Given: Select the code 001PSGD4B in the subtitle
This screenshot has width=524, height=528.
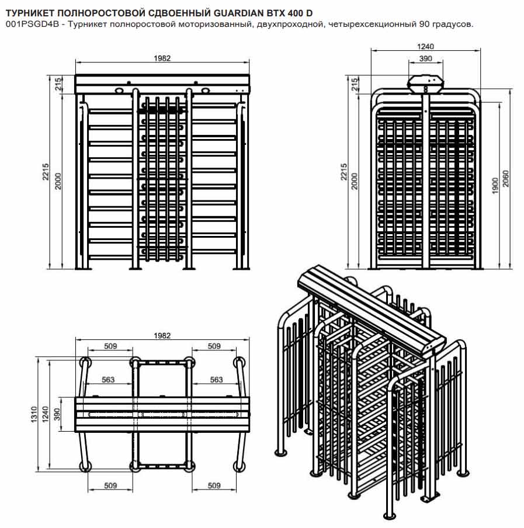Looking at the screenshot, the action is coord(32,25).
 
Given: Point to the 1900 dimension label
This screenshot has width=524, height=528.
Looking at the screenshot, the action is coord(495,186).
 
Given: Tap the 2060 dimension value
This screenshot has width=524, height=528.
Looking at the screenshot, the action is coord(505,178).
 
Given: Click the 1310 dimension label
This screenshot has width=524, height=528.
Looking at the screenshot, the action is coord(34,414).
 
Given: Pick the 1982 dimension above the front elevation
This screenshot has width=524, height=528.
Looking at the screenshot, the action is coord(162,58).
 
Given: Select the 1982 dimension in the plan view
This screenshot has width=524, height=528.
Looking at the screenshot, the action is coord(162,336).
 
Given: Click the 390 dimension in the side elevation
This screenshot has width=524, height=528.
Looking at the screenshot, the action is coord(425,58).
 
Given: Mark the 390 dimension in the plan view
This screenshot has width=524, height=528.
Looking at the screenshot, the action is coord(57,414).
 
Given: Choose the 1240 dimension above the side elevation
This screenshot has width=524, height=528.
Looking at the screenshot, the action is coord(425,47).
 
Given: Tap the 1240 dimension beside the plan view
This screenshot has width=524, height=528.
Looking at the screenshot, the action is coord(45,414).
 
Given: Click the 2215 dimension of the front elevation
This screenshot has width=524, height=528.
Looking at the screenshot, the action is coord(46,172).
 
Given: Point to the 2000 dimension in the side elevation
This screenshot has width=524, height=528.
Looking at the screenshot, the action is coord(354,181).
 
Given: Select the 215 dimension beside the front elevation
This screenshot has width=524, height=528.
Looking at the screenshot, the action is coord(58,84).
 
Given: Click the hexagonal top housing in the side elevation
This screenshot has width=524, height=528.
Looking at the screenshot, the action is coord(425,84).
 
